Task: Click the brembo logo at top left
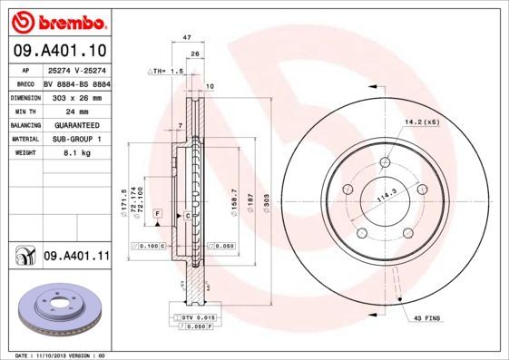(58, 20)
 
